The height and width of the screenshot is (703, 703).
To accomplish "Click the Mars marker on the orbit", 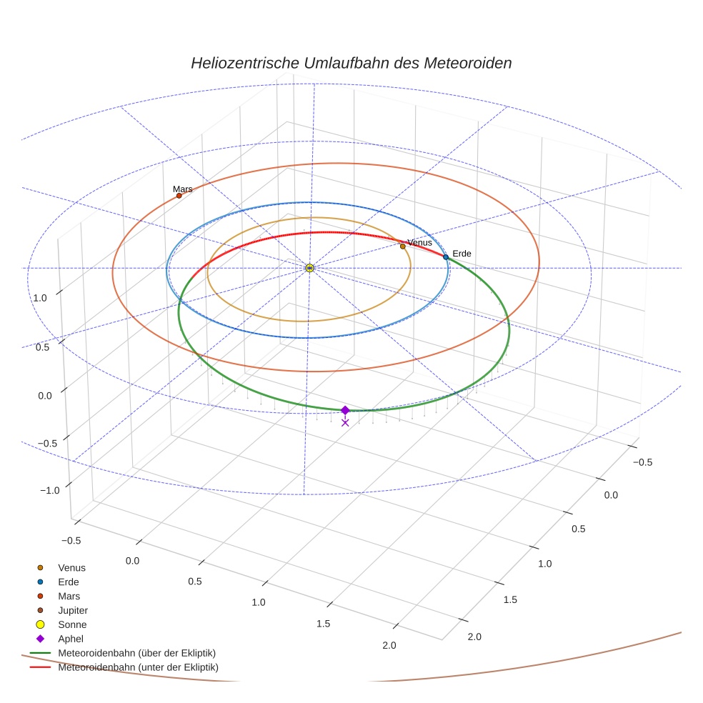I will click(x=179, y=196).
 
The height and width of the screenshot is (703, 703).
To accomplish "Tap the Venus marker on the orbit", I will click(x=402, y=246).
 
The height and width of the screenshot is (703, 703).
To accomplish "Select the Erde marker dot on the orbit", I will click(x=446, y=257).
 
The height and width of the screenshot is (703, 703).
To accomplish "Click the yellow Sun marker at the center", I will click(x=309, y=268).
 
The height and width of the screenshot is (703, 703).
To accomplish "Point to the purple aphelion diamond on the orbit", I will click(x=345, y=410).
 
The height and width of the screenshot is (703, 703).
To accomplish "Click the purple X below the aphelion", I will click(x=345, y=423).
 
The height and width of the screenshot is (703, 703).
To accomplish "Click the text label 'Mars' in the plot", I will click(x=182, y=189).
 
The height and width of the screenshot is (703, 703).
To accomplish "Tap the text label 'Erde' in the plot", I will click(x=462, y=254).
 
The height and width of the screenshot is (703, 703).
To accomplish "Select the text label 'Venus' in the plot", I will click(x=419, y=243).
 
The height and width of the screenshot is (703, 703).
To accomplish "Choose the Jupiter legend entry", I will click(x=73, y=611).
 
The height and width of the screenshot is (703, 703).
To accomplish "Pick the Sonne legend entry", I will click(x=72, y=624).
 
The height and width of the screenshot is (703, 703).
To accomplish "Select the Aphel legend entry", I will click(x=71, y=639).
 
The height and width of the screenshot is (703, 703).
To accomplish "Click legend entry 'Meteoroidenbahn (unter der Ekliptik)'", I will click(x=138, y=667).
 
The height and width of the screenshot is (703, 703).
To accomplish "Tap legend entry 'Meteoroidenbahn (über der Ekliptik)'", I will click(x=136, y=653).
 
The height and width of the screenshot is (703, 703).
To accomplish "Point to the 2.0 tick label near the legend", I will click(x=389, y=646).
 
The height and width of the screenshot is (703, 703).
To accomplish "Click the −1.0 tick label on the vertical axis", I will click(x=49, y=490).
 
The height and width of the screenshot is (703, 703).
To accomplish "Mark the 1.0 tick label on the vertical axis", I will click(x=40, y=297).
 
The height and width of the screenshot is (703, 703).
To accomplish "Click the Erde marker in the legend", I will click(x=40, y=582).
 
